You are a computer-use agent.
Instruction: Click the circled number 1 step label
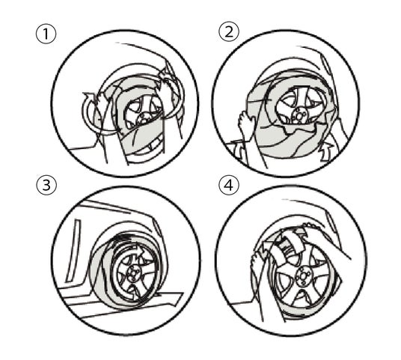click(x=46, y=34)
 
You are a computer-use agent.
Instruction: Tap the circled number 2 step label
click(x=229, y=32)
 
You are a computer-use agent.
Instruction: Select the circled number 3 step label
click(x=46, y=186)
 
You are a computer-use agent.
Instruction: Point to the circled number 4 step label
click(x=229, y=185)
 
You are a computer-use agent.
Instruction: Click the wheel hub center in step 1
click(x=142, y=119)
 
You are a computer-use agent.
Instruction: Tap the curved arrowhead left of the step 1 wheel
click(x=89, y=97)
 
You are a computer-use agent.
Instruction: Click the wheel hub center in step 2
click(x=299, y=115)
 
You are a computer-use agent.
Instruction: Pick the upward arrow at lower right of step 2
click(x=326, y=152)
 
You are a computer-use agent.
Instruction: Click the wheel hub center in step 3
click(x=132, y=274)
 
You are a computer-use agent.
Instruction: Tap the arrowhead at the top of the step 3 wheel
click(x=138, y=251)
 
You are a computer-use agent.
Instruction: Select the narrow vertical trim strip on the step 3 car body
click(x=73, y=251)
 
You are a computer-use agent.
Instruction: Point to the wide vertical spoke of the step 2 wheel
click(x=297, y=98)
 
